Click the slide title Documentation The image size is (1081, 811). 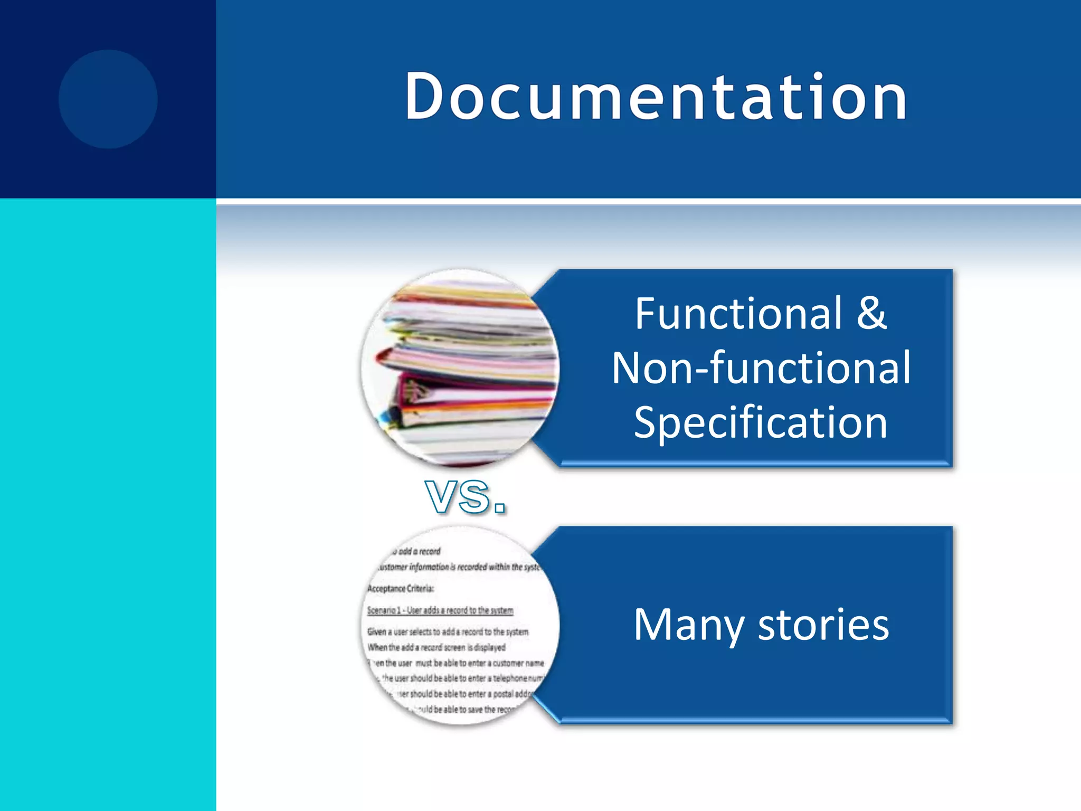pyautogui.click(x=656, y=97)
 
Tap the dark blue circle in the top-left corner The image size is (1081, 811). pyautogui.click(x=108, y=99)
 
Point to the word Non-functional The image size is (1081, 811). pyautogui.click(x=761, y=368)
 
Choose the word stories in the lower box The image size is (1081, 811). pyautogui.click(x=823, y=626)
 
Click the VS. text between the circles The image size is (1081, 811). pyautogui.click(x=466, y=497)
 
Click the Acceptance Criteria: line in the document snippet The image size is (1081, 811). pyautogui.click(x=401, y=589)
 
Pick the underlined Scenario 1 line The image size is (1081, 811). pyautogui.click(x=440, y=610)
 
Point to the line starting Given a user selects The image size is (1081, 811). pyautogui.click(x=448, y=632)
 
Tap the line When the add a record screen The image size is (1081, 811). pyautogui.click(x=437, y=647)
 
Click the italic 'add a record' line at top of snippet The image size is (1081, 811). pyautogui.click(x=417, y=552)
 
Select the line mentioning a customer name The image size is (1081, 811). pyautogui.click(x=457, y=663)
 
